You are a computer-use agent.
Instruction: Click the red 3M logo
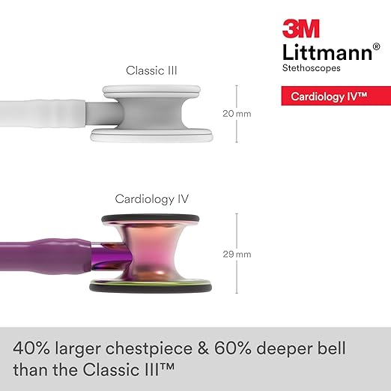pos(301,28)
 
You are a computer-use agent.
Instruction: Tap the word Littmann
pos(327,52)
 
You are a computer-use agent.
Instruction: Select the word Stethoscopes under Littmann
pos(311,68)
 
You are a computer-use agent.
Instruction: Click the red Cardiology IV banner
pos(336,96)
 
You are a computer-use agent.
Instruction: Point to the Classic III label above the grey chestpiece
pos(151,70)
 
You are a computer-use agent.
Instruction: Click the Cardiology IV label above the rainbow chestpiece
pos(151,199)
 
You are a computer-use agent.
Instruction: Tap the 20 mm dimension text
pos(237,114)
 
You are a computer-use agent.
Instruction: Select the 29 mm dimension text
pos(237,254)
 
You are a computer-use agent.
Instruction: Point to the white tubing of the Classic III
pos(43,113)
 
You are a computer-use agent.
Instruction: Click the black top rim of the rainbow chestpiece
pos(151,218)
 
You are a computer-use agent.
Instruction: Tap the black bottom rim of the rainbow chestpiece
pos(151,288)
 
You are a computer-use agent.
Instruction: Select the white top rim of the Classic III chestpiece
pos(151,90)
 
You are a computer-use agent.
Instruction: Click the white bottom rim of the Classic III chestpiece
pos(152,136)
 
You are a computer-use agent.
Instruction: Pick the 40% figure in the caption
pos(31,348)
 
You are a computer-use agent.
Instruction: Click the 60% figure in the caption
pos(232,348)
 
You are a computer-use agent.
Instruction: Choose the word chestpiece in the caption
pos(149,349)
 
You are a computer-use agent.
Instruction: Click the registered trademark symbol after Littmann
pos(376,46)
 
